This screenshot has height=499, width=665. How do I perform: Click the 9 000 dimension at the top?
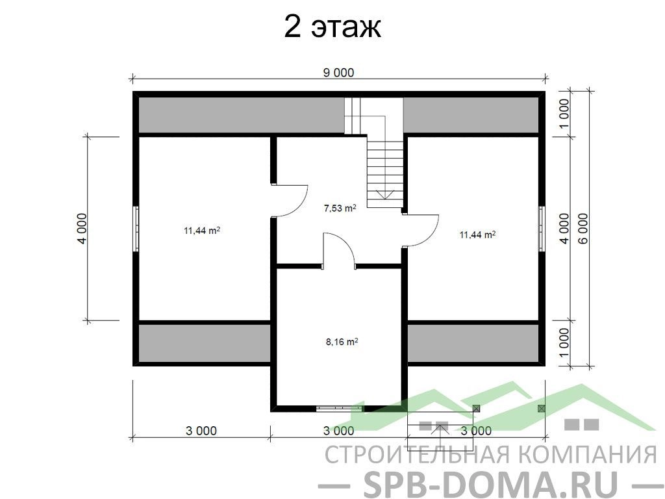(338, 73)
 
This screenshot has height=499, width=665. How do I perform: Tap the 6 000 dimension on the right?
(584, 228)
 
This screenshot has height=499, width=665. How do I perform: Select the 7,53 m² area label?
(340, 209)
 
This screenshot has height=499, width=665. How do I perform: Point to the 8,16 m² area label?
(342, 342)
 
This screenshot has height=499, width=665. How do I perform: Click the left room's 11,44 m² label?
(201, 231)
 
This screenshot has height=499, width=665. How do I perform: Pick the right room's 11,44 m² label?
(478, 235)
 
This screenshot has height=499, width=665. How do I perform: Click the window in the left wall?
(136, 229)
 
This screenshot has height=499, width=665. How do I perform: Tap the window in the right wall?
(542, 229)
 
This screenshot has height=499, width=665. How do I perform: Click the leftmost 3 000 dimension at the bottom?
(201, 431)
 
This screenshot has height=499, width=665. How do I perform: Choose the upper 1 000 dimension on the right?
(564, 114)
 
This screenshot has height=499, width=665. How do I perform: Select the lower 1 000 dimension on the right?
(564, 343)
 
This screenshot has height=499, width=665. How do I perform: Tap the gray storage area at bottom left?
(205, 343)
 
